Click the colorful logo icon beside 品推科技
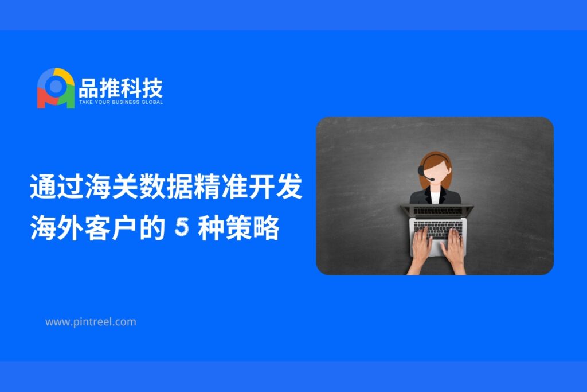(56, 88)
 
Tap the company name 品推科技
(121, 88)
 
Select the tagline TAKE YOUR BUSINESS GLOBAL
(121, 102)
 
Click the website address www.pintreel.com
(91, 322)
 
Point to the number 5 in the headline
(182, 227)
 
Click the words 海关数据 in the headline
(139, 187)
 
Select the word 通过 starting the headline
(57, 187)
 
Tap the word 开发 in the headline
(275, 187)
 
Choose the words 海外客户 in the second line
(84, 227)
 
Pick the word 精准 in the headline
(221, 187)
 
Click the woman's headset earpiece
(422, 171)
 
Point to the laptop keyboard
(438, 228)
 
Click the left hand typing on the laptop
(422, 247)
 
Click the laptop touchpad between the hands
(437, 247)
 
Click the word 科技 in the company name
(142, 88)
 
